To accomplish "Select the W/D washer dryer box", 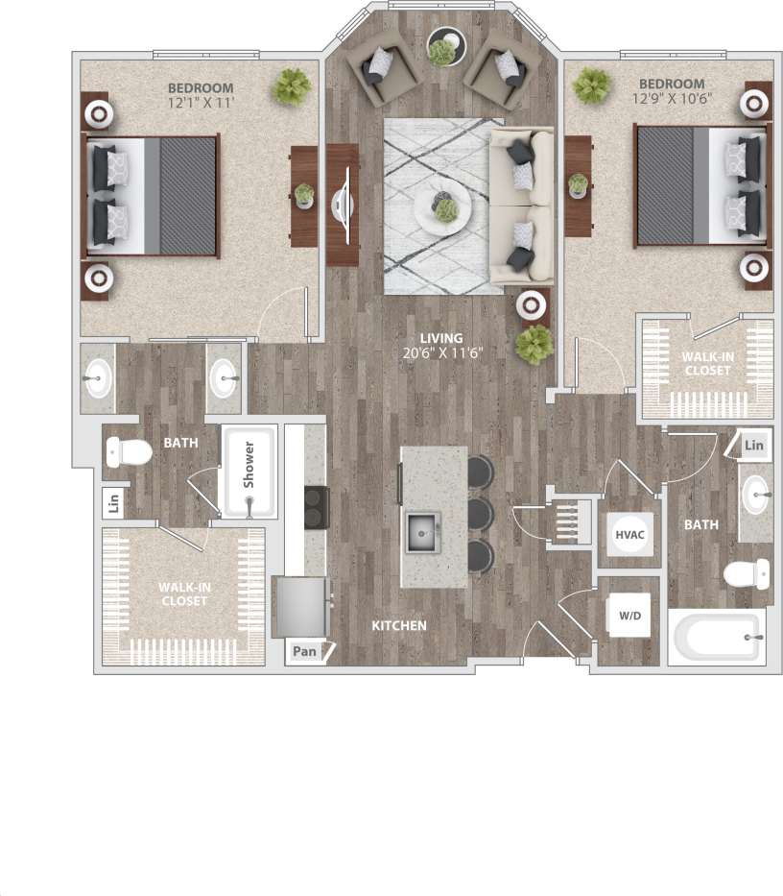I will [x=629, y=615].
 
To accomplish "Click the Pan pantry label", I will [x=305, y=652].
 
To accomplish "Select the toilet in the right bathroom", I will [x=747, y=575].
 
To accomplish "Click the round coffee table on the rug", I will [x=442, y=204].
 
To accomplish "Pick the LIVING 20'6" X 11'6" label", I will [x=441, y=345].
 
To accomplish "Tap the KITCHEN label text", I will [x=399, y=625].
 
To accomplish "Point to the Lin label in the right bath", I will [x=755, y=445].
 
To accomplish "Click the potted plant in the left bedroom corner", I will [x=293, y=86].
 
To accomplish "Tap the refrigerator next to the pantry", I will [x=299, y=605].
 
